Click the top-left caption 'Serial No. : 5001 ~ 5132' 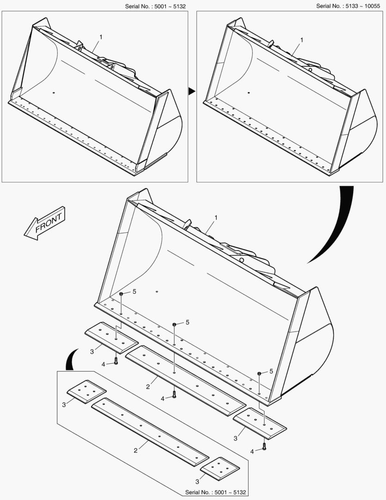coord(155,6)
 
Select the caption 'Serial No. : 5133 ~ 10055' coord(348,6)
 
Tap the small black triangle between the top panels coord(192,92)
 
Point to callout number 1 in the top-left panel coord(101,37)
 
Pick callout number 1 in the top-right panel coord(302,40)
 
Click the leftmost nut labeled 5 coord(121,294)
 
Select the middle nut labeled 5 coord(175,325)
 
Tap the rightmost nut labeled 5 coord(259,374)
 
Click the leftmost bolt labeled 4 coord(116,361)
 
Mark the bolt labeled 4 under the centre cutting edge coord(174,395)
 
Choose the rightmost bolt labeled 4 coord(264,447)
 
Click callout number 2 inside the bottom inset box coord(135,450)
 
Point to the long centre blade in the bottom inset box coord(150,432)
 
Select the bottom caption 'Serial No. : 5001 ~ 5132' coord(215,492)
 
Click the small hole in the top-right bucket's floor coord(249,93)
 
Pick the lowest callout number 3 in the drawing coord(197,481)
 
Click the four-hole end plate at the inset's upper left coord(86,392)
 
